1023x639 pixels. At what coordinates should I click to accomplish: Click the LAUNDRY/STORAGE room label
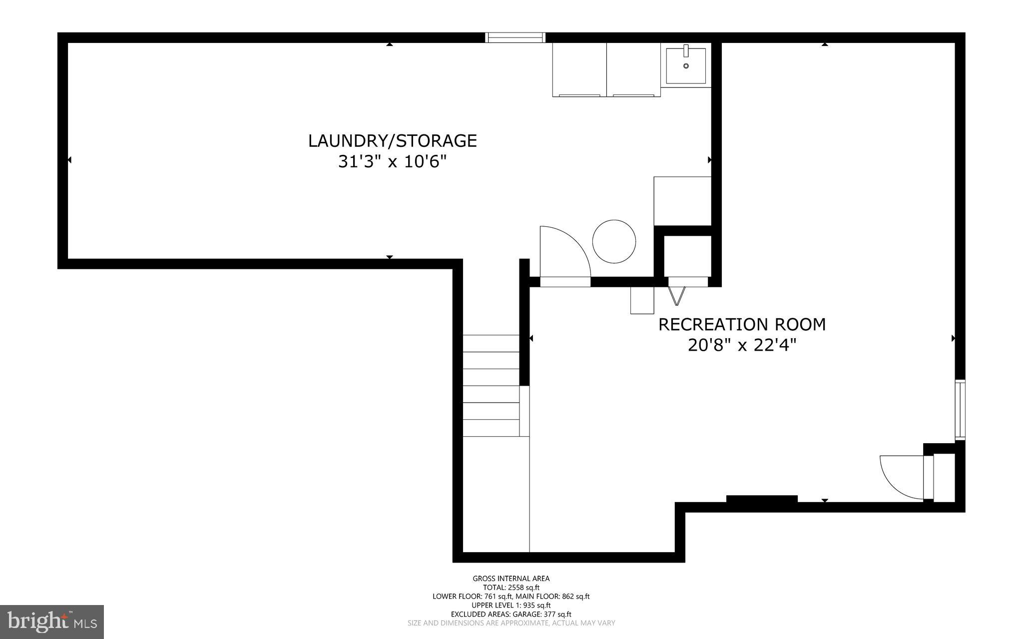tap(392, 141)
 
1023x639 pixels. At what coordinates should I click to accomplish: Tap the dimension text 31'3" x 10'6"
tap(392, 162)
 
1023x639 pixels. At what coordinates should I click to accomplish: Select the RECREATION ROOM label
tap(741, 325)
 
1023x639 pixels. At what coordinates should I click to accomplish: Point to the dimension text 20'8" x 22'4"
tap(741, 345)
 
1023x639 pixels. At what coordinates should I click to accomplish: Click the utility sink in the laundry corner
tap(686, 65)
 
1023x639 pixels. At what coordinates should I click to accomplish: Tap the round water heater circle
tap(614, 241)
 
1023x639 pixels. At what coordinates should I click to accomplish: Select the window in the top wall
tap(515, 37)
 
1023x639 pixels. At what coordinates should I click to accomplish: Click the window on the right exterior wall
tap(960, 410)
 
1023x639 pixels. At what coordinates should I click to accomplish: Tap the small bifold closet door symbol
tap(676, 295)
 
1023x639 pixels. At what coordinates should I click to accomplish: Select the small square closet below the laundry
tap(687, 256)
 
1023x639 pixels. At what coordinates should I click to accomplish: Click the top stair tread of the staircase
tap(491, 343)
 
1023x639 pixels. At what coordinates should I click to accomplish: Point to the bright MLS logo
tap(52, 622)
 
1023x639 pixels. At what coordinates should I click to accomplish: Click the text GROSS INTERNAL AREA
tap(511, 579)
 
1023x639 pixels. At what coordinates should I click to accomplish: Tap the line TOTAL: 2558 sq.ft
tap(511, 588)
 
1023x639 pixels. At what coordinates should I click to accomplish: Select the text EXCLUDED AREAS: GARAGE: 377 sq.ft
tap(511, 615)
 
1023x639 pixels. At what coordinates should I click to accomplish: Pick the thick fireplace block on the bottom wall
tap(761, 499)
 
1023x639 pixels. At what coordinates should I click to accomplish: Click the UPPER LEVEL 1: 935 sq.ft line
tap(511, 606)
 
